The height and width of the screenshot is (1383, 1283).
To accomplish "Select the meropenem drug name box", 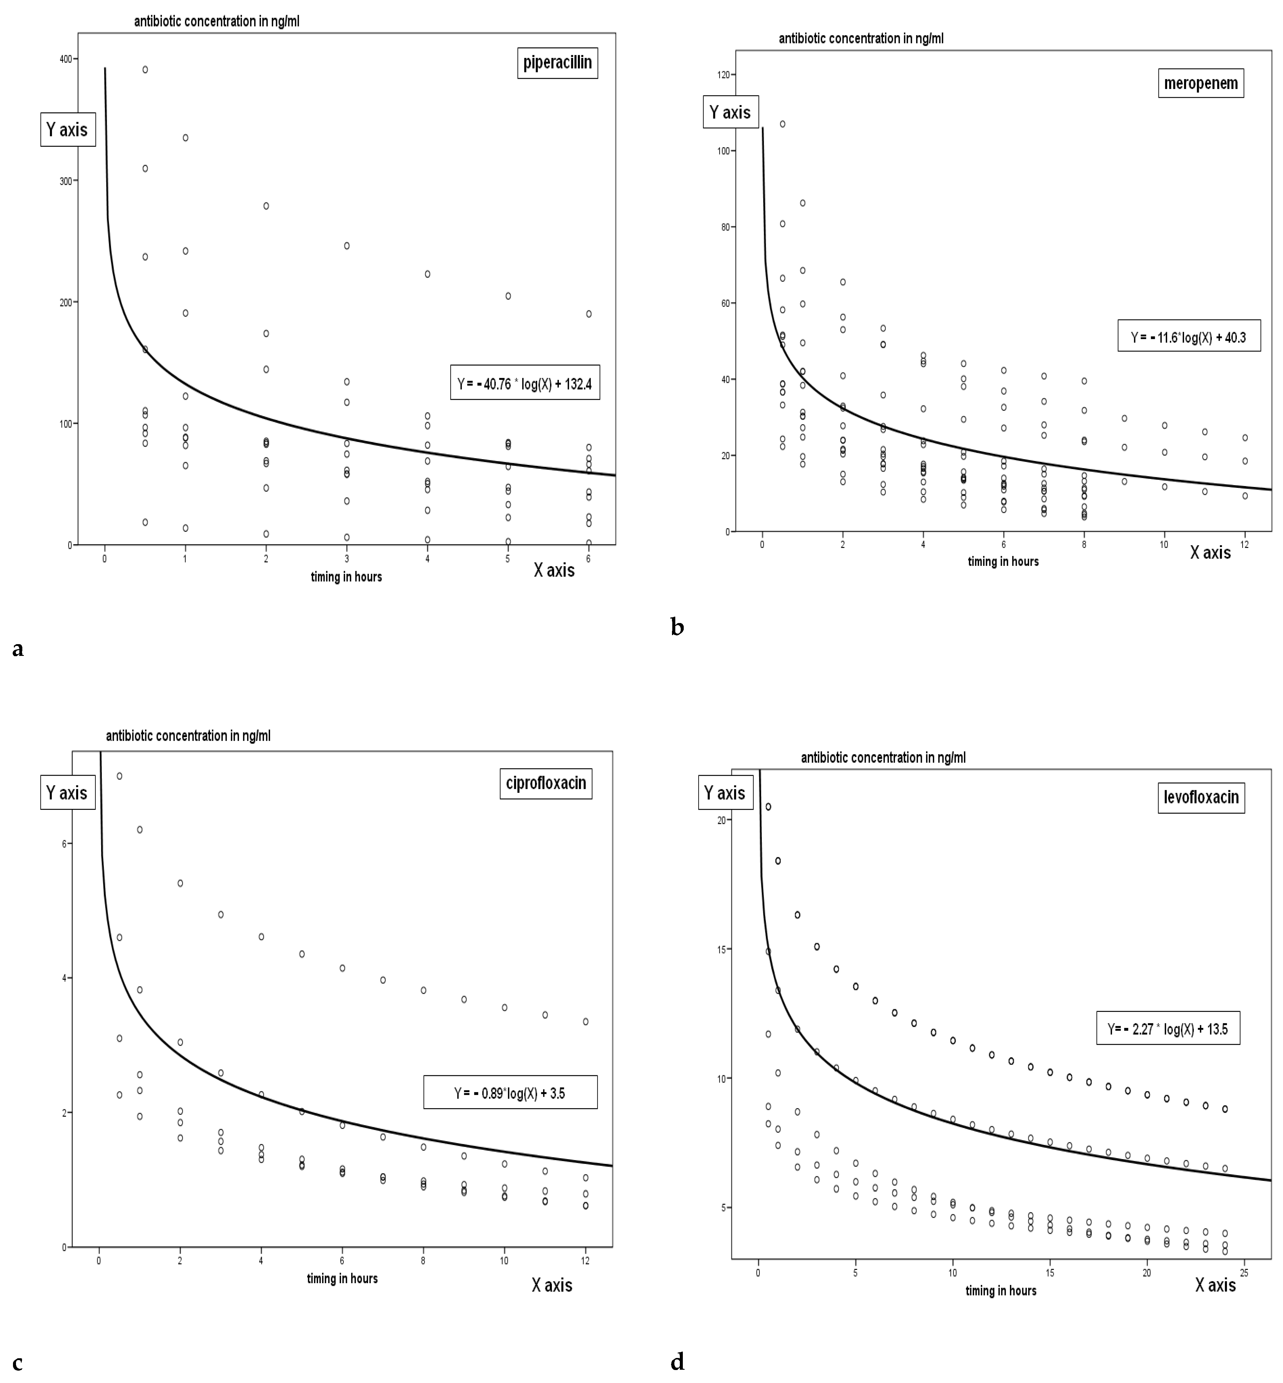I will [1200, 83].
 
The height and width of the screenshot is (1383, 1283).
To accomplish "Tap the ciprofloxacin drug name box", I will [546, 783].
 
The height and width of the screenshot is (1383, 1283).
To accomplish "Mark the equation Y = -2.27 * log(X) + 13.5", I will [1168, 1029].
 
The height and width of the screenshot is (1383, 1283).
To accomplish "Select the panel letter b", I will [677, 627].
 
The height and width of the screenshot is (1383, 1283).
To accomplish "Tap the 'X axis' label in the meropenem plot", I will [1210, 553].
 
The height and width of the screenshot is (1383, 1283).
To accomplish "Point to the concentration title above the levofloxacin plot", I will [883, 758].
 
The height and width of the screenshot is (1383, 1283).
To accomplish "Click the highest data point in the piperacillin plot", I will [145, 69].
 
